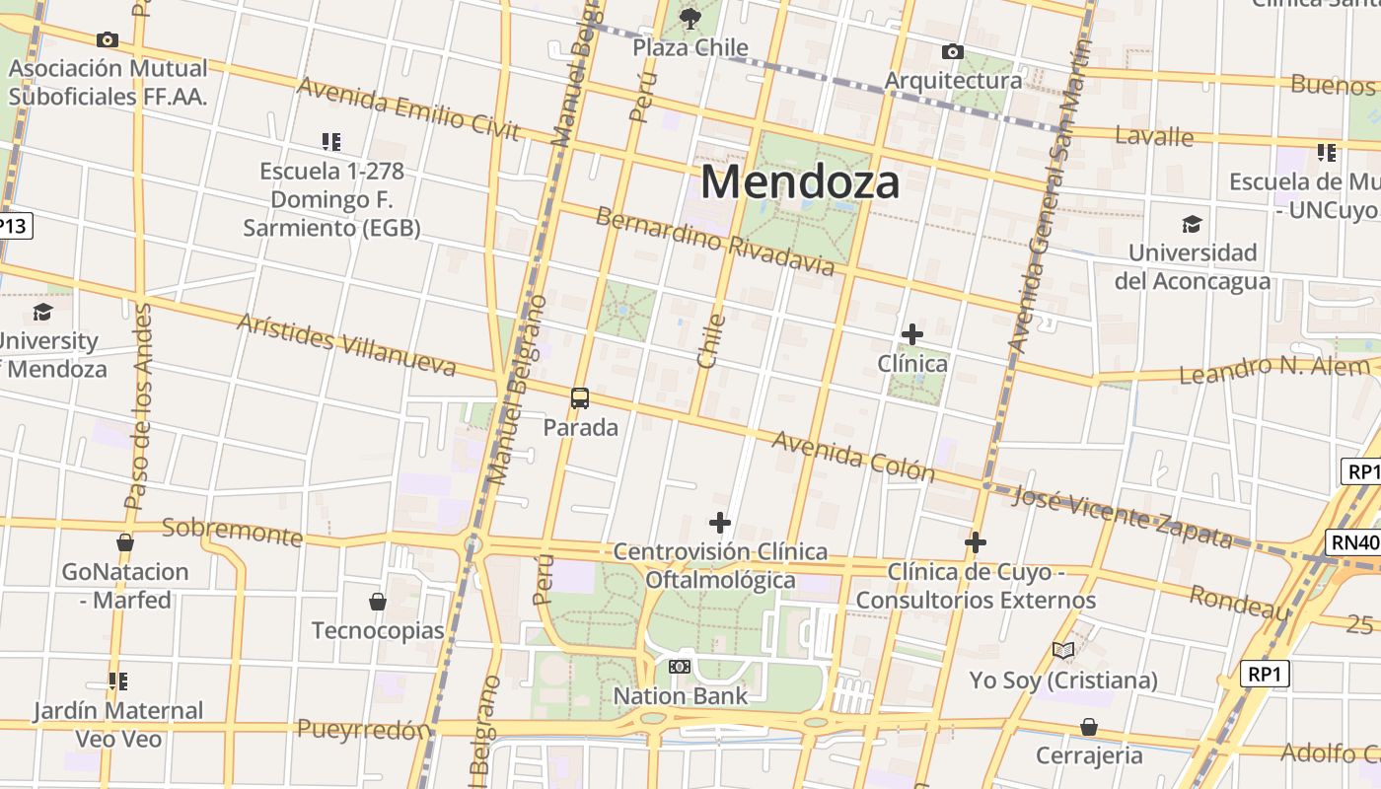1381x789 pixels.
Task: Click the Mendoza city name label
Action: click(800, 182)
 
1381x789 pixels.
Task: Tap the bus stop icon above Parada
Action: click(580, 398)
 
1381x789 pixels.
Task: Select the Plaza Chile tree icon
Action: click(690, 18)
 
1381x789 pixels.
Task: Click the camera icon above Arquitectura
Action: click(952, 51)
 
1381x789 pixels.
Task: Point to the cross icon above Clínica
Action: click(912, 334)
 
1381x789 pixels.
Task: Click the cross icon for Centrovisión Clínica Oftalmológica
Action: click(720, 523)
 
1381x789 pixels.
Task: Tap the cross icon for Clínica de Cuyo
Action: click(976, 542)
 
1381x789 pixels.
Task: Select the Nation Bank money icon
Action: click(680, 667)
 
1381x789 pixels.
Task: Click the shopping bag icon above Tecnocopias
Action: click(377, 602)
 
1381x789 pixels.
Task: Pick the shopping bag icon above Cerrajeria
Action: click(1089, 727)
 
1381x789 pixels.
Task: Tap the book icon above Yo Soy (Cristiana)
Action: click(1062, 651)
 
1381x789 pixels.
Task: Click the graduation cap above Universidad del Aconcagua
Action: click(1192, 224)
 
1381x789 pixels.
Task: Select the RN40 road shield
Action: click(1353, 541)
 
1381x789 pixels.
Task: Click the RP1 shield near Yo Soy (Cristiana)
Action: click(1265, 675)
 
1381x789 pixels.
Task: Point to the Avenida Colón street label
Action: click(852, 456)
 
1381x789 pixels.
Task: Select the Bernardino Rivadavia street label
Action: click(715, 242)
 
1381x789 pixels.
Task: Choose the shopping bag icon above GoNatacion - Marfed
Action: click(125, 542)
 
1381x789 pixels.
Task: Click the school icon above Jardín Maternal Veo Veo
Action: click(118, 681)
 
